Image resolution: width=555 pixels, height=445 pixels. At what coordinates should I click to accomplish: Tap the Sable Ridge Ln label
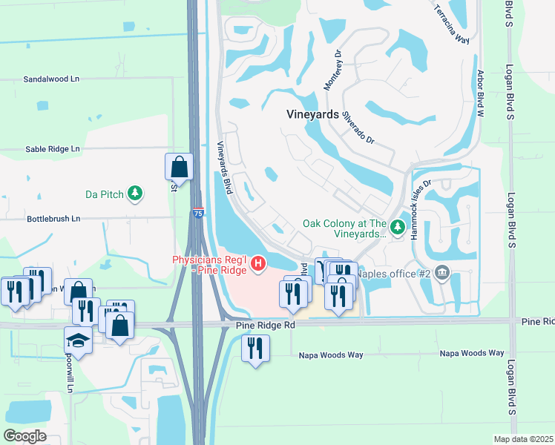[x=52, y=149]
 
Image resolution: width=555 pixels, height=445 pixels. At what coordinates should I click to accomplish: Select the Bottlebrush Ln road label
[x=53, y=220]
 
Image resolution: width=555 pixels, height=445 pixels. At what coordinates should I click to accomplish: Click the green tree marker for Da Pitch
[x=135, y=194]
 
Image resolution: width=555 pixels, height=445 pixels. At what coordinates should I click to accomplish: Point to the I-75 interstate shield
[x=197, y=211]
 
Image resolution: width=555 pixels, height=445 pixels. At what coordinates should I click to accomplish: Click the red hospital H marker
[x=258, y=263]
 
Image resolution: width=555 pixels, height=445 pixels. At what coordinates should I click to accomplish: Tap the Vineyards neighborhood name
[x=312, y=115]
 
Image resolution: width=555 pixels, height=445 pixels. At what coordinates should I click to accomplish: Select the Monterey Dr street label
[x=332, y=70]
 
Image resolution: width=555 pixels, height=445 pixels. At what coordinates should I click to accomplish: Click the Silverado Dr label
[x=360, y=128]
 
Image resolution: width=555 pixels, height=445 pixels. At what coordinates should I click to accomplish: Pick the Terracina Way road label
[x=452, y=26]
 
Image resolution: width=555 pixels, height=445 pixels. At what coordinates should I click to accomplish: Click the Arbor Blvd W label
[x=480, y=94]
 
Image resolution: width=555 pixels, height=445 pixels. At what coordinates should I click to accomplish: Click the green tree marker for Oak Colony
[x=398, y=227]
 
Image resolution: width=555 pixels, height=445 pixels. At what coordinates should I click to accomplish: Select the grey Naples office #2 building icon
[x=443, y=272]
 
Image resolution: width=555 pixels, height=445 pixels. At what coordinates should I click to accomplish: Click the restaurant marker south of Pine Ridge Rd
[x=255, y=348]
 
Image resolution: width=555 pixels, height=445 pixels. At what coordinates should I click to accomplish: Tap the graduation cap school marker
[x=78, y=340]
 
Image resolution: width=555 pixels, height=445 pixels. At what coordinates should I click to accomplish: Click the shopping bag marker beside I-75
[x=179, y=165]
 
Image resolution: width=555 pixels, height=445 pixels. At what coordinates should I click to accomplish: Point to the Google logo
[x=25, y=435]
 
